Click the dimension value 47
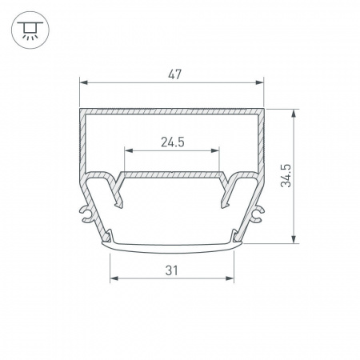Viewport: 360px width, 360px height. pyautogui.click(x=174, y=74)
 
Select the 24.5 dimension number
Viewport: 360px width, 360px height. pyautogui.click(x=173, y=142)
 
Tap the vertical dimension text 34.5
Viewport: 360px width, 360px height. pyautogui.click(x=286, y=176)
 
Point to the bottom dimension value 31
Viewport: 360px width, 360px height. pyautogui.click(x=171, y=270)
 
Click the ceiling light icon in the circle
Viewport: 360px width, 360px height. pyautogui.click(x=30, y=30)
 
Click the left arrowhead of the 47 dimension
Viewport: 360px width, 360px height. pyautogui.click(x=83, y=82)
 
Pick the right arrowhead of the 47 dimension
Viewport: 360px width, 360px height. pyautogui.click(x=260, y=82)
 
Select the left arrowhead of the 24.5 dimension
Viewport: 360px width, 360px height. pyautogui.click(x=129, y=150)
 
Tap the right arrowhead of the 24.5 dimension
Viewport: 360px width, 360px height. pyautogui.click(x=215, y=150)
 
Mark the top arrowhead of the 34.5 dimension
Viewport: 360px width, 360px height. pyautogui.click(x=294, y=113)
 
